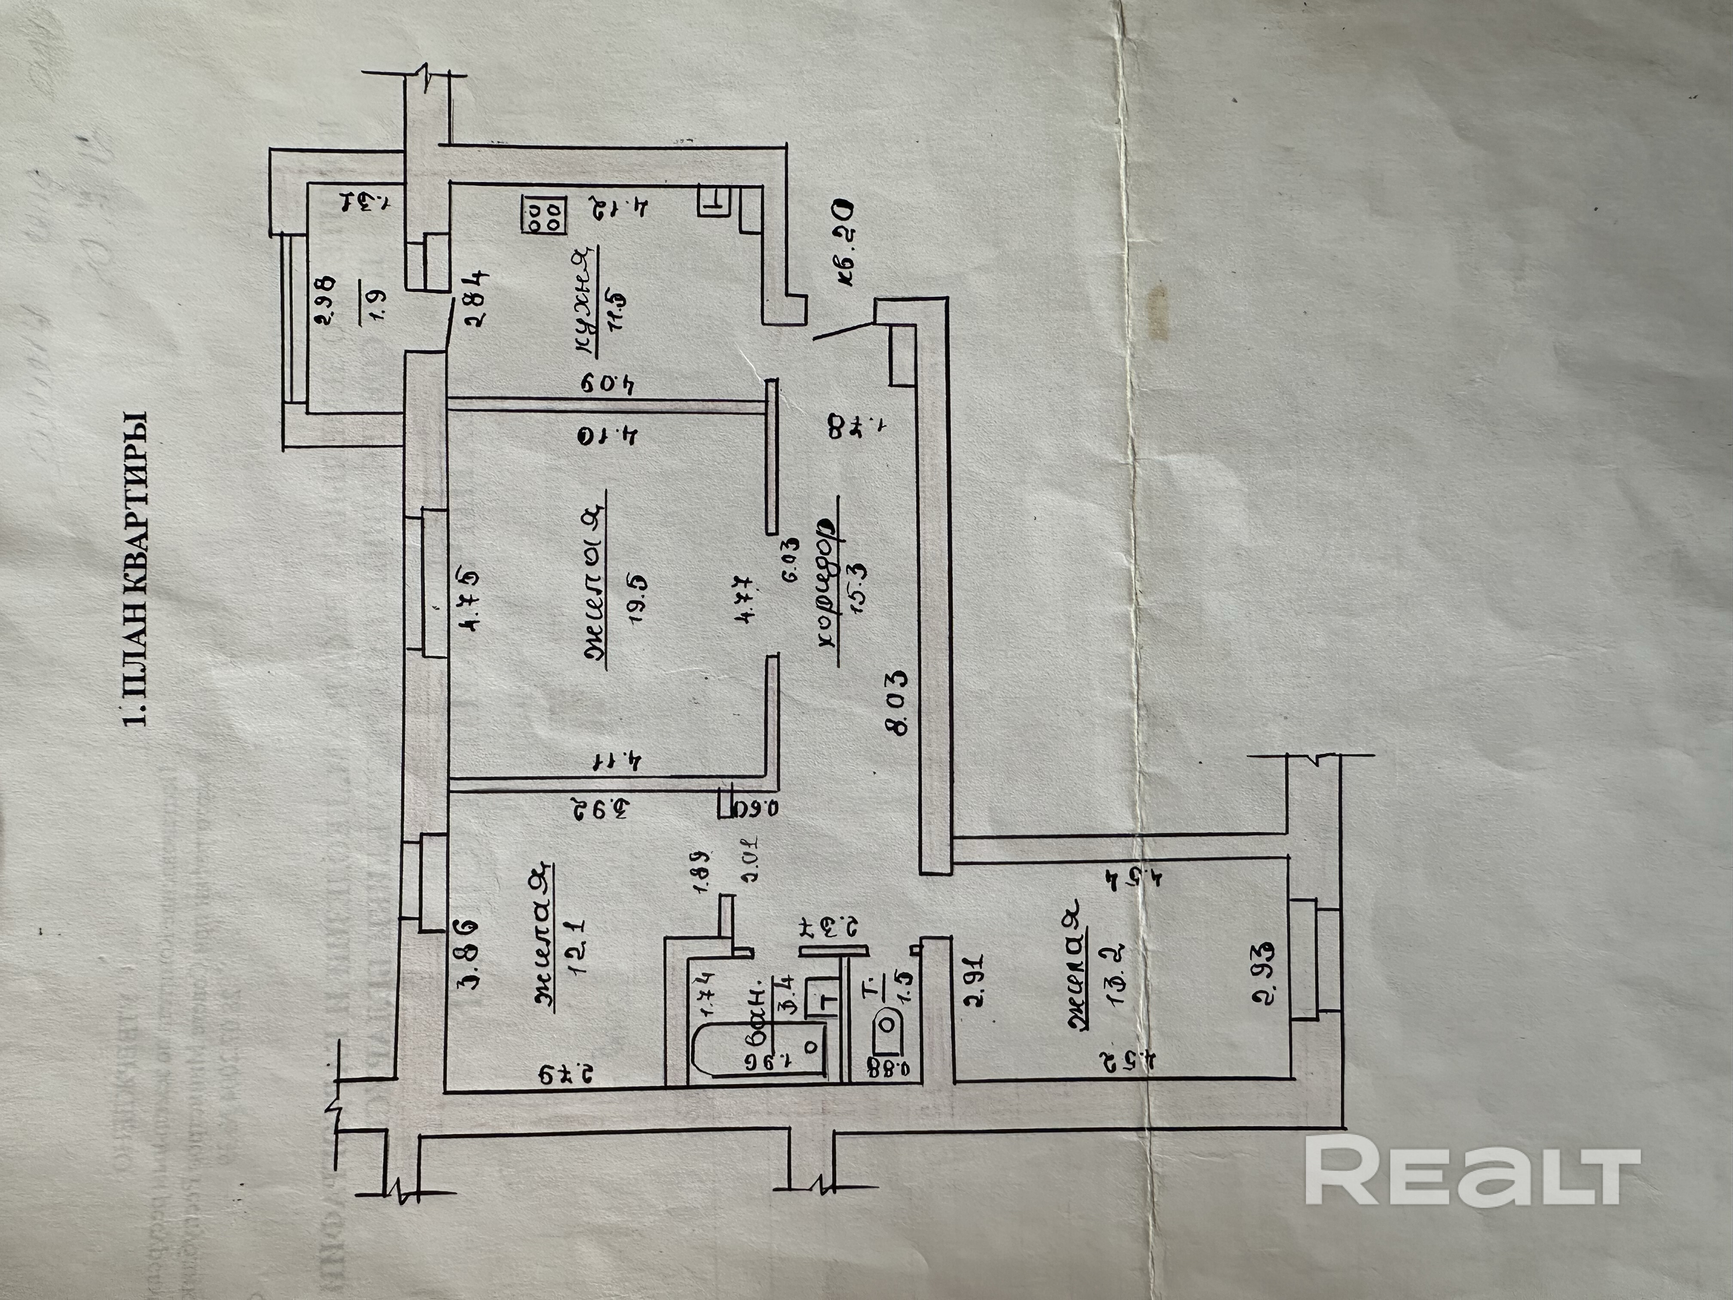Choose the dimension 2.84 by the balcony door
click(x=479, y=300)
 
